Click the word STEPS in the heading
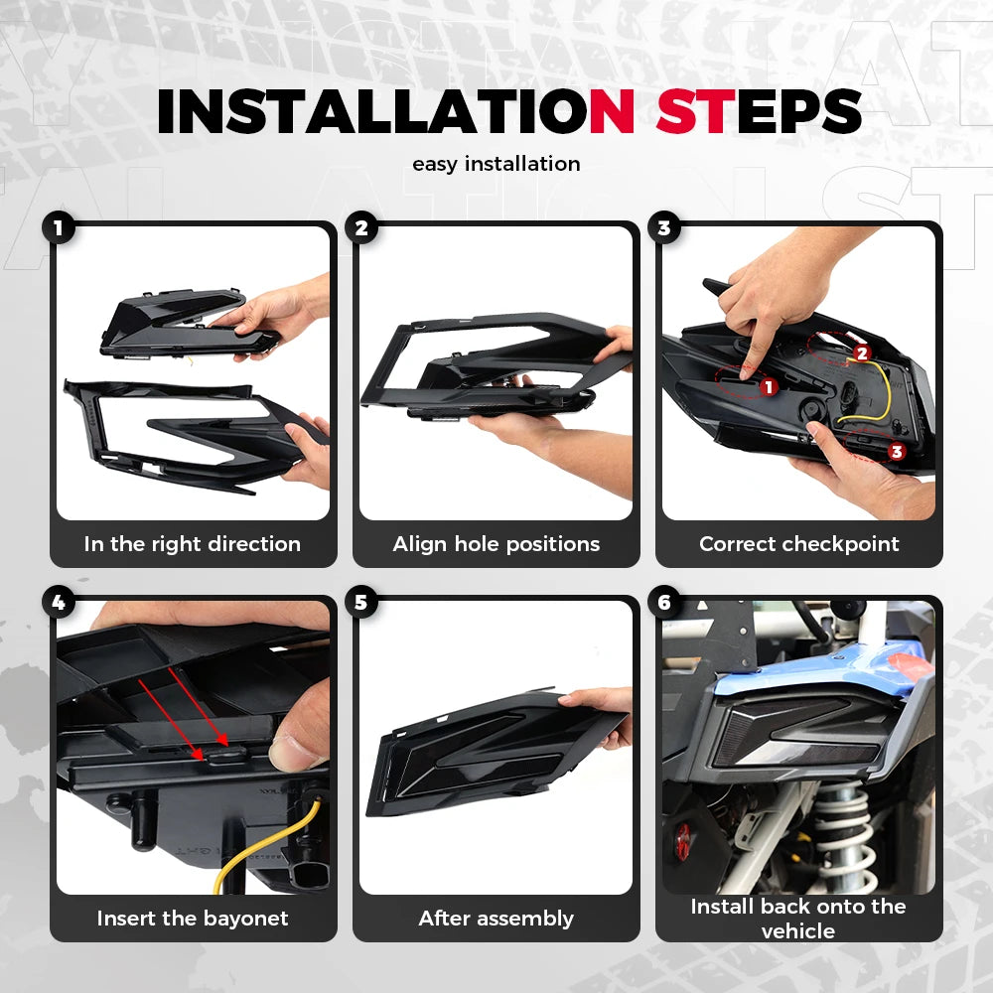pos(759,111)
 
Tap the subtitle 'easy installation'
pos(496,164)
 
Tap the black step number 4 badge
pos(59,603)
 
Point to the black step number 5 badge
pos(361,603)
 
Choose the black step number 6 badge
pos(663,603)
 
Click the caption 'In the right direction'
pos(193,544)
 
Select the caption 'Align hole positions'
pos(496,544)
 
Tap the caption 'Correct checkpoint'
pos(799,544)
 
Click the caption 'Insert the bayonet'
pos(193,919)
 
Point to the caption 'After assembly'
pos(496,919)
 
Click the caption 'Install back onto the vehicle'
pos(798,919)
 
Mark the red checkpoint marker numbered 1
pos(769,387)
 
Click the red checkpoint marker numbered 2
pos(861,354)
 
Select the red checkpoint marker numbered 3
pos(896,452)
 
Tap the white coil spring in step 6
pos(844,836)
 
